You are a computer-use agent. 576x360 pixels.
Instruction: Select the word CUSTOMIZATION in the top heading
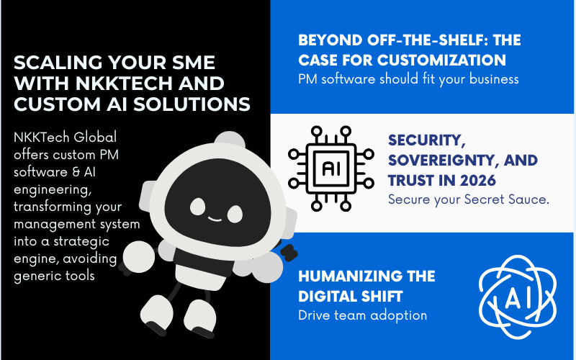click(441, 60)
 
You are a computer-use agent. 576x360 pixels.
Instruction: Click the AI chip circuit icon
click(331, 168)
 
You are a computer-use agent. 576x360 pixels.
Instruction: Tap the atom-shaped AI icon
click(518, 297)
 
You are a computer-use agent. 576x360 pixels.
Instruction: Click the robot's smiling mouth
click(215, 219)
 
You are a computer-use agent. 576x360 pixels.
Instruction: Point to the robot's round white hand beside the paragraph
click(138, 256)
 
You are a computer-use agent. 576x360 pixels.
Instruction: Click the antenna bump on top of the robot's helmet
click(230, 139)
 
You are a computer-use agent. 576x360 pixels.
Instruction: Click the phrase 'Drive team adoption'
click(363, 315)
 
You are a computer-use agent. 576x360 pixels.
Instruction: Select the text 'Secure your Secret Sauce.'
click(469, 199)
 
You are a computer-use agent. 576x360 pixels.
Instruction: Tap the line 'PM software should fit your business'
click(408, 79)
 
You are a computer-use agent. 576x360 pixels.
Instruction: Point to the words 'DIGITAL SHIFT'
click(351, 297)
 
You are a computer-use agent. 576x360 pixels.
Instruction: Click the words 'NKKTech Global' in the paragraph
click(65, 138)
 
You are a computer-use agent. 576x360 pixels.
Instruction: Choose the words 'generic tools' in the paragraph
click(55, 276)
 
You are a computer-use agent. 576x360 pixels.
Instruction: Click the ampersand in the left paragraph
click(76, 172)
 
